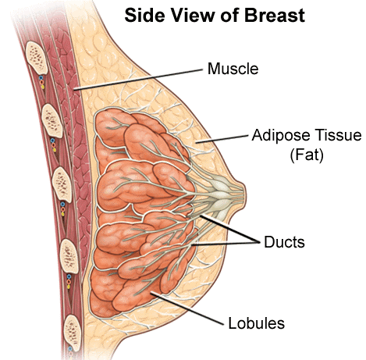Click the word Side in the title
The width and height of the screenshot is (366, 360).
click(144, 15)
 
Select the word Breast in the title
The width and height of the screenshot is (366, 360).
click(275, 15)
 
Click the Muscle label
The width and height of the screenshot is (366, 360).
click(233, 69)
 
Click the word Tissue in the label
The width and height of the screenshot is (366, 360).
click(339, 135)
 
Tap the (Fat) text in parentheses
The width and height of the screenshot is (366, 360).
click(307, 155)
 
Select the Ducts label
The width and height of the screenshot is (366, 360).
click(284, 242)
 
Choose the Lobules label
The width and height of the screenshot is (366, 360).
click(256, 323)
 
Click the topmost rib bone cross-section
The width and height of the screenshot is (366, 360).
click(37, 57)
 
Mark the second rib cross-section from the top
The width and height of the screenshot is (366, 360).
click(52, 120)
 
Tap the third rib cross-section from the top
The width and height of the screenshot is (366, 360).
click(62, 184)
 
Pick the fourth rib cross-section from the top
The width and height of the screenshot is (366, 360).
click(69, 256)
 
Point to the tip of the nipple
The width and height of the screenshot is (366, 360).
click(244, 193)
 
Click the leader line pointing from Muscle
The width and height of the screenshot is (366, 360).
click(138, 80)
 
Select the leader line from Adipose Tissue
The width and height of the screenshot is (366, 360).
click(222, 139)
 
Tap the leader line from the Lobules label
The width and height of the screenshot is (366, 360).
click(187, 308)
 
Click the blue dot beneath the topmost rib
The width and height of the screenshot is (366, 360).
click(41, 78)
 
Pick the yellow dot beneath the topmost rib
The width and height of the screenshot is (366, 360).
click(43, 87)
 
